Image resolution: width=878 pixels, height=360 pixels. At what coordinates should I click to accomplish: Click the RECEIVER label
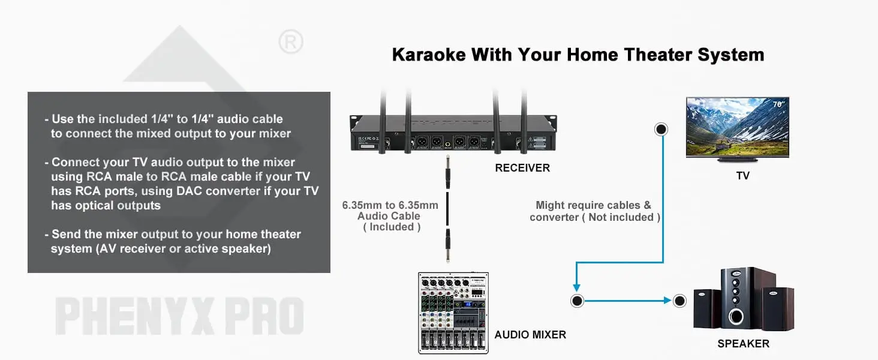(522, 168)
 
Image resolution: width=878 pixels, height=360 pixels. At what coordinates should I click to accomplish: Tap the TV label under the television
(742, 176)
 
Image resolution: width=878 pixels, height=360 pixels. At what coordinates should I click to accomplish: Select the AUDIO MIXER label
(530, 335)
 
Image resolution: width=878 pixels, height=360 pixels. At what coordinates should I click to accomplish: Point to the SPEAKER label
(743, 344)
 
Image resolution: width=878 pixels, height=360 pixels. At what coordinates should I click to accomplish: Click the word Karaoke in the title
(428, 55)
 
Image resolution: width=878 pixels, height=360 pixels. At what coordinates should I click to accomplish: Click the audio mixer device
(453, 312)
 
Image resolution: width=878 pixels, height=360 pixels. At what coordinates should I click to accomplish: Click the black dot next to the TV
(661, 129)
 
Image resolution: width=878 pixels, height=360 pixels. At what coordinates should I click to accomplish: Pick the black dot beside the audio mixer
(577, 301)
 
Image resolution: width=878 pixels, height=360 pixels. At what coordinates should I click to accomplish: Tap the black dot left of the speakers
(679, 301)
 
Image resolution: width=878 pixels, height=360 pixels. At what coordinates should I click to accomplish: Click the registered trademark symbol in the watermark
(291, 43)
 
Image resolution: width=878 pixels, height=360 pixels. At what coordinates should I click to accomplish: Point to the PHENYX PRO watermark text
(179, 316)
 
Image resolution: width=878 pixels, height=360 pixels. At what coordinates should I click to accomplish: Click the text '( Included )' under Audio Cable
(392, 227)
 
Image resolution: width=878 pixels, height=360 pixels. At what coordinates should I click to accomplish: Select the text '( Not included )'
(621, 217)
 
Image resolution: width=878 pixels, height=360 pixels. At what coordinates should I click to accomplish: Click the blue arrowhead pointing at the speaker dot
(667, 301)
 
